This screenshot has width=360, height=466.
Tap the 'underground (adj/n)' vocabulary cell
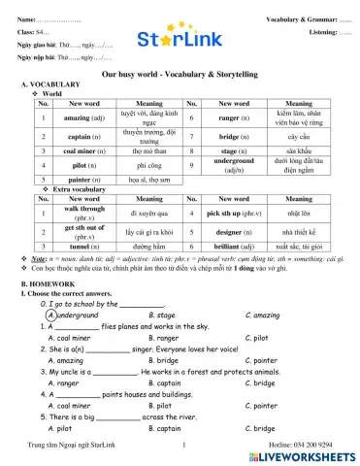click(233, 166)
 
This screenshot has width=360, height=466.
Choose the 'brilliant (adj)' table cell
click(233, 247)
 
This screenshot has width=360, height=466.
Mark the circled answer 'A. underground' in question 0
click(72, 316)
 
